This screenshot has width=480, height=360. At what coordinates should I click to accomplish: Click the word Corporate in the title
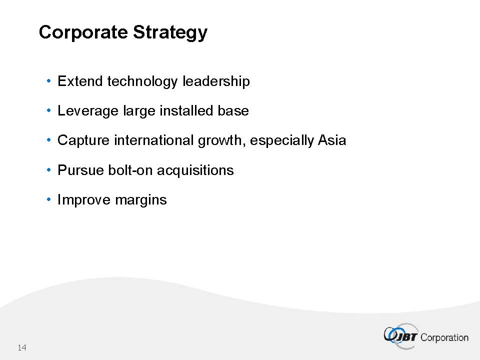coord(83,32)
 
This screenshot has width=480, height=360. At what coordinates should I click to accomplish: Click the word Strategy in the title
coord(170,32)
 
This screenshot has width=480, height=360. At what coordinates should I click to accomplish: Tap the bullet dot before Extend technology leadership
coord(48,81)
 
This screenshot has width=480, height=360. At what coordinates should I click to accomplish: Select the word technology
coord(142,81)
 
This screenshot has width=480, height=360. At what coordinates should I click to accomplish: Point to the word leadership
coord(216,81)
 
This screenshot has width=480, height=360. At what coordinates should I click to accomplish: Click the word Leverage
coord(88,111)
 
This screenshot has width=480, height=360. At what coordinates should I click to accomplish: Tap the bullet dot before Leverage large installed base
coord(48,110)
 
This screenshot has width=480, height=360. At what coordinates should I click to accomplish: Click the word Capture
coord(83,140)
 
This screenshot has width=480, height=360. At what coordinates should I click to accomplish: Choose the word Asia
coord(332,140)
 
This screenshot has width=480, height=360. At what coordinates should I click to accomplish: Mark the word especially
coord(282,141)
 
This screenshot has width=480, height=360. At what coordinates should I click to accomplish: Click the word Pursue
coord(81,170)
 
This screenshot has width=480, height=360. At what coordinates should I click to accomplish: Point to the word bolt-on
coord(130,170)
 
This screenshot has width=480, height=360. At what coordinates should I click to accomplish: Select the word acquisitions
coord(195,170)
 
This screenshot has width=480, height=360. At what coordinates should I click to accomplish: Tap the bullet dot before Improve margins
coord(48,199)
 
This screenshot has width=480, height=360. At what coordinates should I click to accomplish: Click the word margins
coord(141,200)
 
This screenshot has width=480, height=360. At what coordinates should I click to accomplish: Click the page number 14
coord(22,347)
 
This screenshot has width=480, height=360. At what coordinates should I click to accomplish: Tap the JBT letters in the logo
coord(405,337)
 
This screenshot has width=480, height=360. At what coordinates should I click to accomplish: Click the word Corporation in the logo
coord(444,337)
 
